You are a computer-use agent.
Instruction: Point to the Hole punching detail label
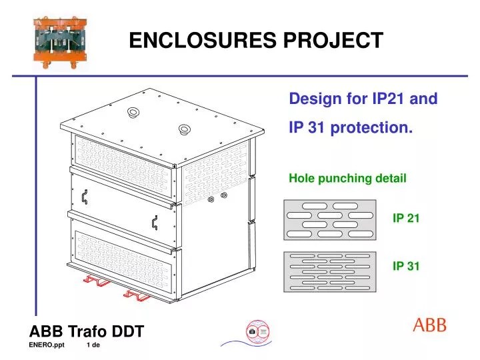coord(347,178)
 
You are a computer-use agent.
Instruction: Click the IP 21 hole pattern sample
coord(329,219)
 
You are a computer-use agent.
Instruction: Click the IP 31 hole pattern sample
coord(329,271)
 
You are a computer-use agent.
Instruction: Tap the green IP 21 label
coord(405,218)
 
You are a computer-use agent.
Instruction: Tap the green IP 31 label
coord(405,266)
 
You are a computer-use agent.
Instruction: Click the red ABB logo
coord(430,325)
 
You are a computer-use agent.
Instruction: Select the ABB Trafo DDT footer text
coord(87,331)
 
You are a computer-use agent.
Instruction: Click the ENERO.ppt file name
coord(47,345)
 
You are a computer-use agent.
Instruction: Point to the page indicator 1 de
coord(93,345)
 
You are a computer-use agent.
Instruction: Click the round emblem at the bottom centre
coord(257,331)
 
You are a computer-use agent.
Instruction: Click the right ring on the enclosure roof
coord(184,129)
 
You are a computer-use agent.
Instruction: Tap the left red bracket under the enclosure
coord(96,281)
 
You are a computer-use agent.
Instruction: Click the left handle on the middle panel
coord(85,197)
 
